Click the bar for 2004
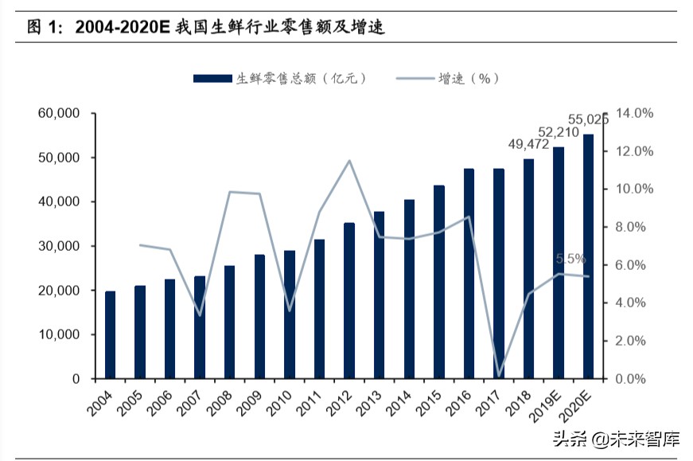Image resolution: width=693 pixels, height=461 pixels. click(x=110, y=335)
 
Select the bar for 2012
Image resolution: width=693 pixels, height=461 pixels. click(x=349, y=301)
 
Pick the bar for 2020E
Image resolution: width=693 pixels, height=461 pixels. click(x=589, y=256)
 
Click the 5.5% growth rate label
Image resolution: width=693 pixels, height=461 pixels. click(x=570, y=259)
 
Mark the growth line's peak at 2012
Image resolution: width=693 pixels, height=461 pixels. click(x=349, y=161)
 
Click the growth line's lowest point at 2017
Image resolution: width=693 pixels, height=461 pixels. click(x=499, y=375)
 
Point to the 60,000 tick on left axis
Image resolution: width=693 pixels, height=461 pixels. click(x=58, y=114)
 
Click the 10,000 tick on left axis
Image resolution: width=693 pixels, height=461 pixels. click(x=58, y=335)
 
